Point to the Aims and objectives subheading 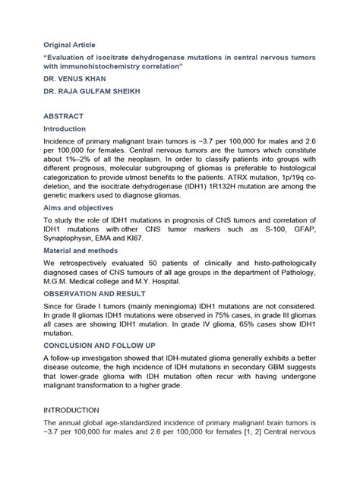[x=78, y=207]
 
